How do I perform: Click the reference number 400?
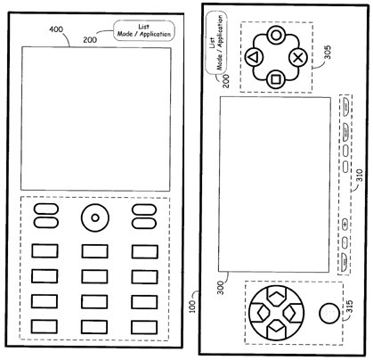coord(56,29)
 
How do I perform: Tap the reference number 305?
coord(328,52)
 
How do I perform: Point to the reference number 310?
coord(360,176)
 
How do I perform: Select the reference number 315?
coord(350,307)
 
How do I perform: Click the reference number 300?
coord(221,288)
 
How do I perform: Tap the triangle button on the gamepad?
coord(254,57)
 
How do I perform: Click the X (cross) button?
coord(298,58)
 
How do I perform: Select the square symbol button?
coord(276,79)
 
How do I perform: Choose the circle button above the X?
coord(276,36)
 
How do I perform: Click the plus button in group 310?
coord(345,224)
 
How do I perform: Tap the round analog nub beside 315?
coord(328,314)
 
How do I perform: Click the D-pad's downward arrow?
coord(276,328)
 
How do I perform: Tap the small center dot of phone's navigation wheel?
coord(95,217)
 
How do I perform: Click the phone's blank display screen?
coord(95,119)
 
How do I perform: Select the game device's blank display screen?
coord(274,184)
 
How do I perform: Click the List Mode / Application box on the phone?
coord(144,30)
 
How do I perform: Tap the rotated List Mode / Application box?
coord(216,42)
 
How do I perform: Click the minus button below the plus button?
coord(345,242)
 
